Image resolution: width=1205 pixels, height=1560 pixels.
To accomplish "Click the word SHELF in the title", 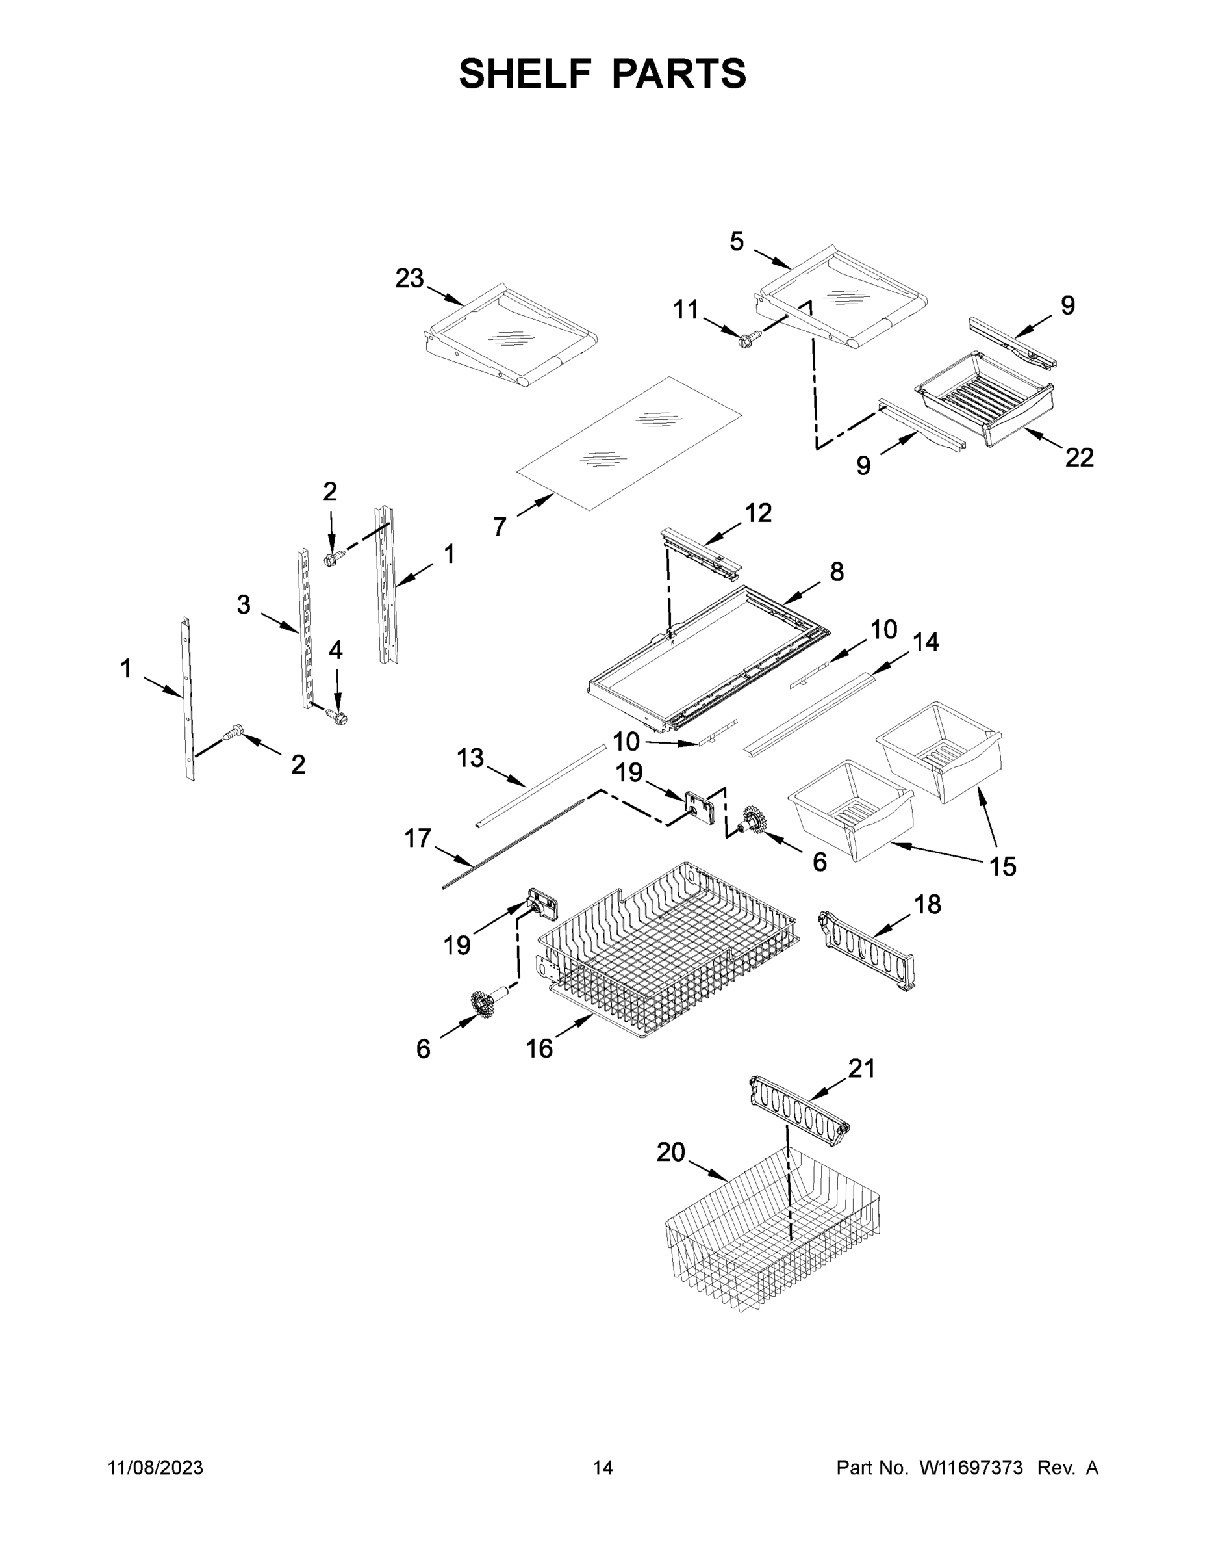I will pos(526,73).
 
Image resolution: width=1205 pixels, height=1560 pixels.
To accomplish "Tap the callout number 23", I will pos(409,279).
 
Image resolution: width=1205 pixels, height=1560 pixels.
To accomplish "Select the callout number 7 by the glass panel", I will pos(499,527).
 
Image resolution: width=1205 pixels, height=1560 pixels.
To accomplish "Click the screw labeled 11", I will pos(746,341).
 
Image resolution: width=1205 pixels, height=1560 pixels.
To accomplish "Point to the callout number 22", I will pos(1078,458).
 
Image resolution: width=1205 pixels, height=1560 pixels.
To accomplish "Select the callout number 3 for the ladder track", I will pos(244,605).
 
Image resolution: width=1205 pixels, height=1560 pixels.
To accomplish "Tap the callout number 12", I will pos(758,512).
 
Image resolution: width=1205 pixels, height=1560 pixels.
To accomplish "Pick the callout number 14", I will pos(925,642).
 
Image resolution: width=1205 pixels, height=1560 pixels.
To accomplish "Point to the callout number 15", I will pos(1002,866).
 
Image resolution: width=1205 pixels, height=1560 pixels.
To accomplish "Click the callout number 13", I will pos(470,758).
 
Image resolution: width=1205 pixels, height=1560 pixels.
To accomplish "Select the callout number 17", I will pos(418,838).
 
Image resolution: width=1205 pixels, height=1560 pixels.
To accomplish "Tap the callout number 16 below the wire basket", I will pos(539,1048).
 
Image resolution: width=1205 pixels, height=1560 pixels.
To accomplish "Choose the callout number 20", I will pos(670,1152).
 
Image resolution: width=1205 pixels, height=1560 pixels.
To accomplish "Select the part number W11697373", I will pos(971,1467).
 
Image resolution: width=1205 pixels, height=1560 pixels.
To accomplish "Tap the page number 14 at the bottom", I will pos(603,1467).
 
